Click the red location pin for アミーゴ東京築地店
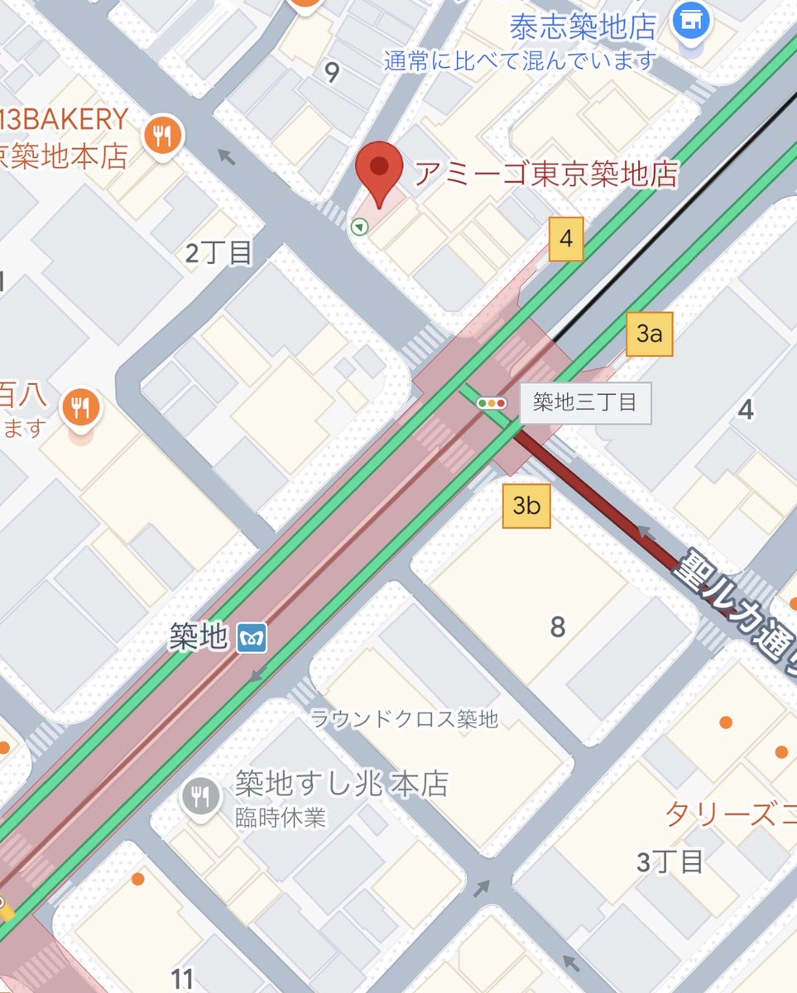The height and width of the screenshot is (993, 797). [379, 169]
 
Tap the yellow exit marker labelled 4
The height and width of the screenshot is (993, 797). [566, 239]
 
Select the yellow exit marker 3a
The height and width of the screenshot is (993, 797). [650, 333]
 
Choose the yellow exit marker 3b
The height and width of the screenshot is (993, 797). [526, 505]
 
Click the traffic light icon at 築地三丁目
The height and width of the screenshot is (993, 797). [492, 403]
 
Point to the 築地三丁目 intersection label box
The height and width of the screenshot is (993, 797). [585, 403]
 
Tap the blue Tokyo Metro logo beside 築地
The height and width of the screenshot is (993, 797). [252, 637]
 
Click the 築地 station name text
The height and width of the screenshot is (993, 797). [198, 636]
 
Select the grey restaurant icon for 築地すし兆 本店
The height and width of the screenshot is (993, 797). [199, 797]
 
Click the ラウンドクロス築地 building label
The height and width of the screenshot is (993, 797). [405, 719]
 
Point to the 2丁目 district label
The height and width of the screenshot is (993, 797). [218, 252]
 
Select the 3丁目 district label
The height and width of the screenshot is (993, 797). [670, 861]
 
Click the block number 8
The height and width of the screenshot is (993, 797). [558, 627]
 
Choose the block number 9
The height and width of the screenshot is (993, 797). [332, 73]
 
